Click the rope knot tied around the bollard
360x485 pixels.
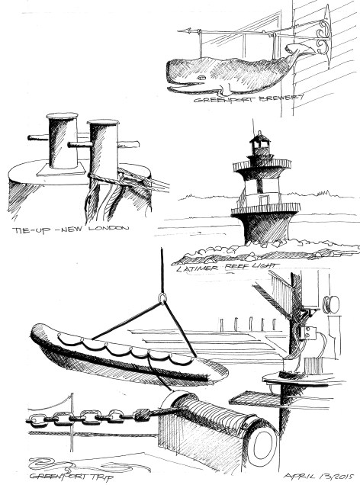pyautogui.click(x=99, y=177)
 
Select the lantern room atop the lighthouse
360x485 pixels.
pyautogui.click(x=262, y=143)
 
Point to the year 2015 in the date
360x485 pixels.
pyautogui.click(x=341, y=473)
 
